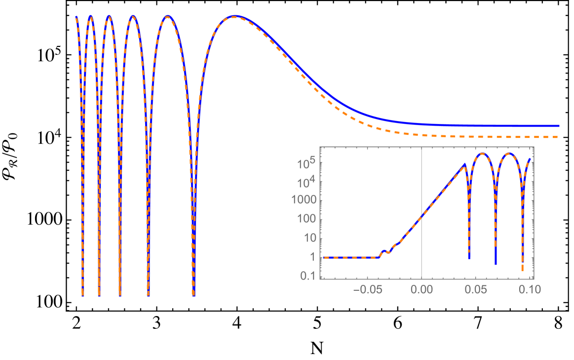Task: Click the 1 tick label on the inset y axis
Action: (x=312, y=257)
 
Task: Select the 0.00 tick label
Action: (x=421, y=289)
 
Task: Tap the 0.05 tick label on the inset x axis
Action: (x=475, y=289)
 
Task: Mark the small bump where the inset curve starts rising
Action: (x=384, y=251)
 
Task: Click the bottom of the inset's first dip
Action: (x=469, y=257)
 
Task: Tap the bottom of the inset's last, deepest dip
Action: (x=522, y=270)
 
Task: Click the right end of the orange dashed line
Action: (x=557, y=137)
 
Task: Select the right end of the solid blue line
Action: (x=558, y=126)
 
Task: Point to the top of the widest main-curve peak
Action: (x=235, y=16)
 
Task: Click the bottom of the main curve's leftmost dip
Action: (x=83, y=295)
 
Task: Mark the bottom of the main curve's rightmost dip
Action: (x=193, y=295)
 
